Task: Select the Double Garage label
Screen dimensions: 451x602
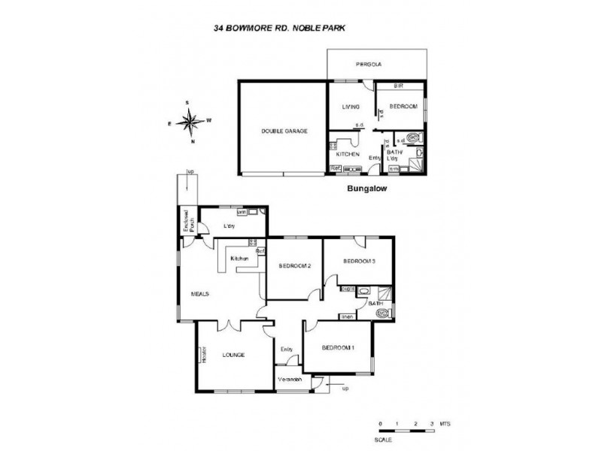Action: click(284, 131)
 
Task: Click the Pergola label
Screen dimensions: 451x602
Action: click(369, 65)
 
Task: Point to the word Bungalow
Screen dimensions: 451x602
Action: click(366, 189)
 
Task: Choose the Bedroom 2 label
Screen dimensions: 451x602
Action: click(294, 266)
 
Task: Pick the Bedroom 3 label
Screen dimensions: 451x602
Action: click(359, 261)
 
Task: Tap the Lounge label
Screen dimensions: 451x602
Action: click(234, 355)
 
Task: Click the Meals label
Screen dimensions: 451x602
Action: click(199, 294)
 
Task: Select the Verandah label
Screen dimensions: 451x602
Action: click(290, 380)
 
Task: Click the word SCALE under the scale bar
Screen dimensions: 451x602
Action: click(385, 440)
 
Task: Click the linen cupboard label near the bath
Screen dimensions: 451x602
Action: click(347, 316)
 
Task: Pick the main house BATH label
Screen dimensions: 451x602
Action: click(377, 303)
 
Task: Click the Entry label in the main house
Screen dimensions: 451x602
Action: click(286, 349)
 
